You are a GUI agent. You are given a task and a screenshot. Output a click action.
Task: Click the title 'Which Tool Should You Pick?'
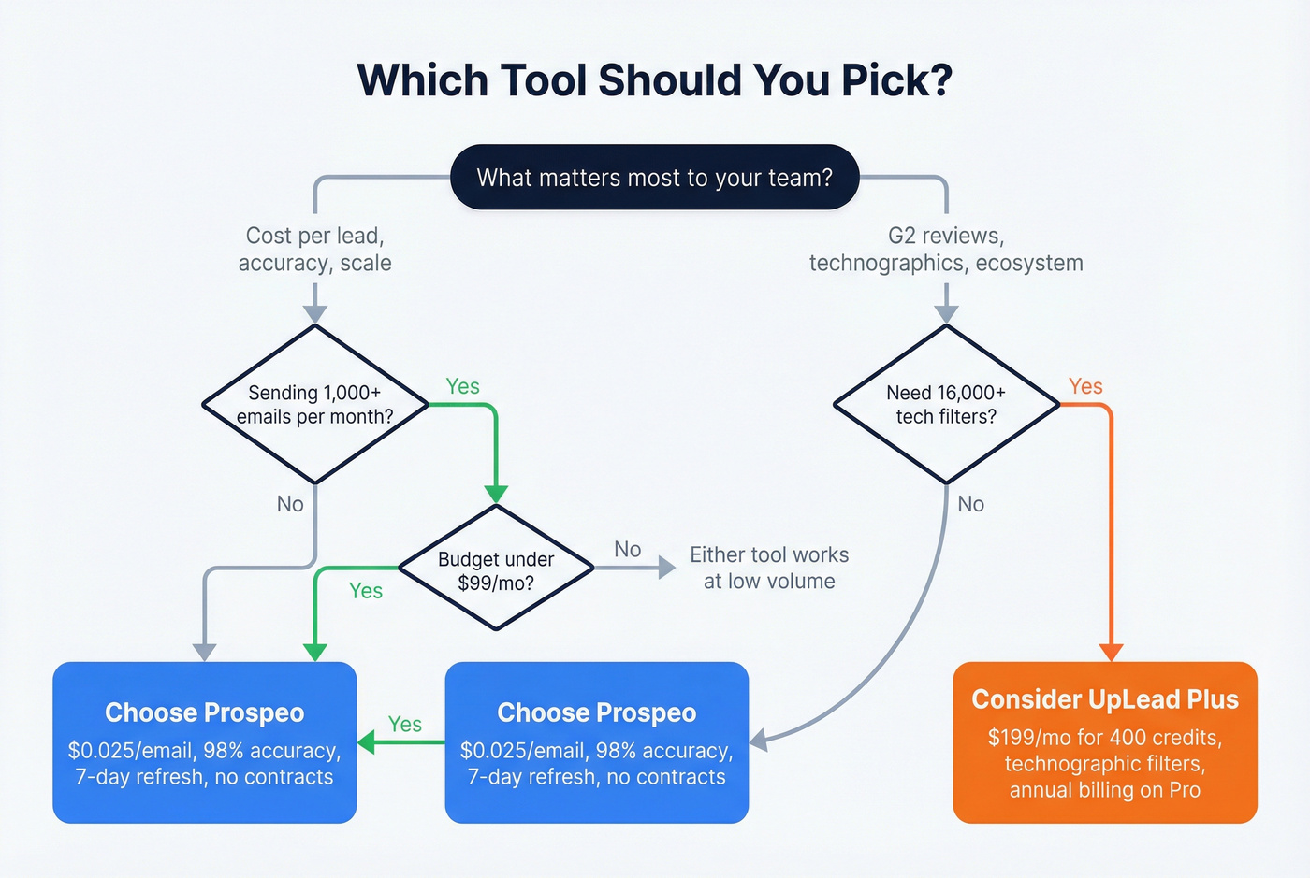click(x=654, y=80)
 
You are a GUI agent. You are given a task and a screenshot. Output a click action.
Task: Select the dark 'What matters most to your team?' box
click(x=654, y=178)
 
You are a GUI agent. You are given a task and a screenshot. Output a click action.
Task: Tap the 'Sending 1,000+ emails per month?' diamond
click(x=315, y=404)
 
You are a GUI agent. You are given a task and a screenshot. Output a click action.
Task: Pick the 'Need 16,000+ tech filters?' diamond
click(x=946, y=404)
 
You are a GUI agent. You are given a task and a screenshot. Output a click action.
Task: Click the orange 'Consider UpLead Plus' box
click(x=1104, y=742)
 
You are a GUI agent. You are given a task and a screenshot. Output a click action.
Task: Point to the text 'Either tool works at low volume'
click(x=769, y=568)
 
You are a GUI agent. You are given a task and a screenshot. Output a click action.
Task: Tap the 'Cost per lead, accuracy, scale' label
click(x=315, y=249)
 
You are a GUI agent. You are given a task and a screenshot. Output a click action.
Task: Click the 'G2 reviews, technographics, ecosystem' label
click(x=946, y=249)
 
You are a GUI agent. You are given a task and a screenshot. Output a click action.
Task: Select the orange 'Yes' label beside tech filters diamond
click(x=1085, y=386)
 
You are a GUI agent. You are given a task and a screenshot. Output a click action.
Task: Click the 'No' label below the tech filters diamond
click(x=970, y=504)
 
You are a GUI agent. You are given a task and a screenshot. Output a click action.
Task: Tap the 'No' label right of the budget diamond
click(x=627, y=549)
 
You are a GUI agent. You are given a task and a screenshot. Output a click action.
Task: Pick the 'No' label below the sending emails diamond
click(x=290, y=504)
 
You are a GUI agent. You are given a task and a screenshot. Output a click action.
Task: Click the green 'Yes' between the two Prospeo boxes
click(x=404, y=724)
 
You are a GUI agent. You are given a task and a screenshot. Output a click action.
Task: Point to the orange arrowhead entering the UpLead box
click(x=1111, y=652)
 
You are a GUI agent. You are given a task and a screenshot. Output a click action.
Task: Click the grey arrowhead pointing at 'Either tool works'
click(x=666, y=567)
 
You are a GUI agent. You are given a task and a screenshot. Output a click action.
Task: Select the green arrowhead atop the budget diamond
click(x=496, y=494)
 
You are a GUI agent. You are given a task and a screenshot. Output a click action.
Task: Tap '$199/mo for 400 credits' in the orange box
click(x=1104, y=737)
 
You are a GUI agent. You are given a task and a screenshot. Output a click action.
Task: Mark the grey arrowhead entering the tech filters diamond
click(x=946, y=314)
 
